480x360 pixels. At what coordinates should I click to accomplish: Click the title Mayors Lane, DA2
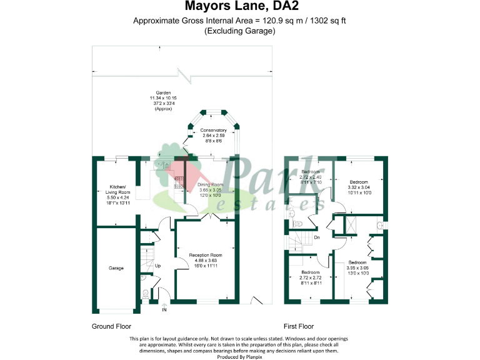(x=239, y=7)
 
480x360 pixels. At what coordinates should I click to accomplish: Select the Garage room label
(x=116, y=268)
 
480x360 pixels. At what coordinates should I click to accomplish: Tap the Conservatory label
(x=213, y=130)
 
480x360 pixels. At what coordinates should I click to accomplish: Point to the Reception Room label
(x=206, y=255)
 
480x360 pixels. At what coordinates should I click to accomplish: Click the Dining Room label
(x=211, y=185)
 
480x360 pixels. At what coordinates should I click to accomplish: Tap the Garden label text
(x=163, y=92)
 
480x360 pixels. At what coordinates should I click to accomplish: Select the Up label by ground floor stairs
(x=157, y=266)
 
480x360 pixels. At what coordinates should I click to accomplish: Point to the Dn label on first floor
(x=317, y=237)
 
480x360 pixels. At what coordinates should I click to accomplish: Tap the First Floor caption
(x=299, y=326)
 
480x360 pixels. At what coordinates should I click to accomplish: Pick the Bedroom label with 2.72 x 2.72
(x=311, y=272)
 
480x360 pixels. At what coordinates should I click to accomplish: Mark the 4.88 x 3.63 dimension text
(x=206, y=261)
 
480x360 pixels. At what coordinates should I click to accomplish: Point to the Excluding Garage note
(x=239, y=31)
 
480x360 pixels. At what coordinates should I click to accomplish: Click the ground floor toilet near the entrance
(x=146, y=294)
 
